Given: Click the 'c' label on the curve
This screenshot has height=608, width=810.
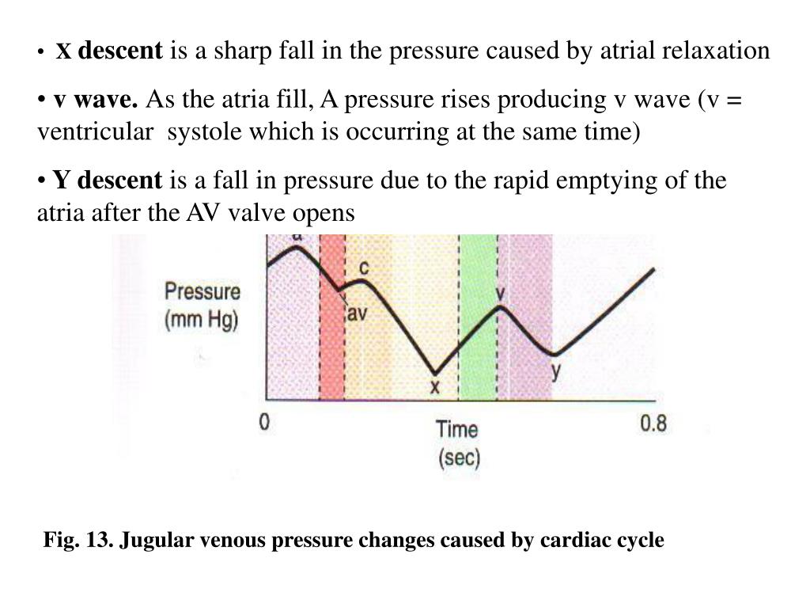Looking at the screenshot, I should pyautogui.click(x=364, y=268).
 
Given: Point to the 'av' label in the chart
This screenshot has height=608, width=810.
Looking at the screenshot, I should pyautogui.click(x=358, y=313).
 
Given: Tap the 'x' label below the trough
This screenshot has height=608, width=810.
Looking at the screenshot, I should pyautogui.click(x=433, y=388).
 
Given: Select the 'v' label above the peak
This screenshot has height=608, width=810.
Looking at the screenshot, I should pyautogui.click(x=500, y=294).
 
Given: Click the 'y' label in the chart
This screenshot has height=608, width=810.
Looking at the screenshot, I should pyautogui.click(x=557, y=370).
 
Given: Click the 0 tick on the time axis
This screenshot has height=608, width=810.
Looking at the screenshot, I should pyautogui.click(x=265, y=423).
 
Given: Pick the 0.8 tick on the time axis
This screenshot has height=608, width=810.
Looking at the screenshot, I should pyautogui.click(x=653, y=424).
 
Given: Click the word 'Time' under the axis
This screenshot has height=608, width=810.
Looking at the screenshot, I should pyautogui.click(x=457, y=430).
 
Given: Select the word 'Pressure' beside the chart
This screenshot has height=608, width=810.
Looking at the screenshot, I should pyautogui.click(x=202, y=291).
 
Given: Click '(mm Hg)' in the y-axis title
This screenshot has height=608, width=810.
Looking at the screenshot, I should pyautogui.click(x=202, y=321).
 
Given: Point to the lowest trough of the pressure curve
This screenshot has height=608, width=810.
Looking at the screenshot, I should pyautogui.click(x=434, y=372).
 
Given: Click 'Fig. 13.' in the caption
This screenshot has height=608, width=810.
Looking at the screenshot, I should pyautogui.click(x=79, y=541).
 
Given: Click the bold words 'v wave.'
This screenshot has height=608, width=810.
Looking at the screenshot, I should pyautogui.click(x=96, y=101).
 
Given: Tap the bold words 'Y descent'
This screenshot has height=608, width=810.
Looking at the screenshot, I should pyautogui.click(x=107, y=180).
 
